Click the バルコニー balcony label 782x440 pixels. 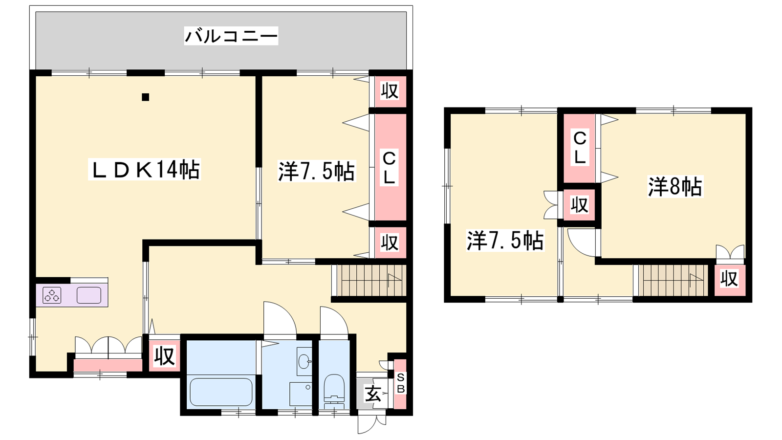231,36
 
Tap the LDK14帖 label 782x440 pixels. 145,169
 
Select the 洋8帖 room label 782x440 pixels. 675,187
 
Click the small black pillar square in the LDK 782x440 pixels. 146,97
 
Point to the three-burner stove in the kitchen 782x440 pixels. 52,295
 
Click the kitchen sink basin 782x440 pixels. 88,295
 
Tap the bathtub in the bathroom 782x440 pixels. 221,392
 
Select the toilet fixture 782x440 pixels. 334,391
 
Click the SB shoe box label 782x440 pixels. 401,383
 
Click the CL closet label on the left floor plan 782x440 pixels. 389,168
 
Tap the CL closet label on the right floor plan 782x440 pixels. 580,147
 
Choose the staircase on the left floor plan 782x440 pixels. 369,281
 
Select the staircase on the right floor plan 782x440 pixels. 671,281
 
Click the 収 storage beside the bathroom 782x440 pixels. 164,356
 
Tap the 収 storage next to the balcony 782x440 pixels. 390,91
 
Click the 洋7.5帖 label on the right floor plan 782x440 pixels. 505,241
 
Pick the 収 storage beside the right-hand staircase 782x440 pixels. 730,280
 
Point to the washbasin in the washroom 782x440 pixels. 304,361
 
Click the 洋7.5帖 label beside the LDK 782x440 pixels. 317,171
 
